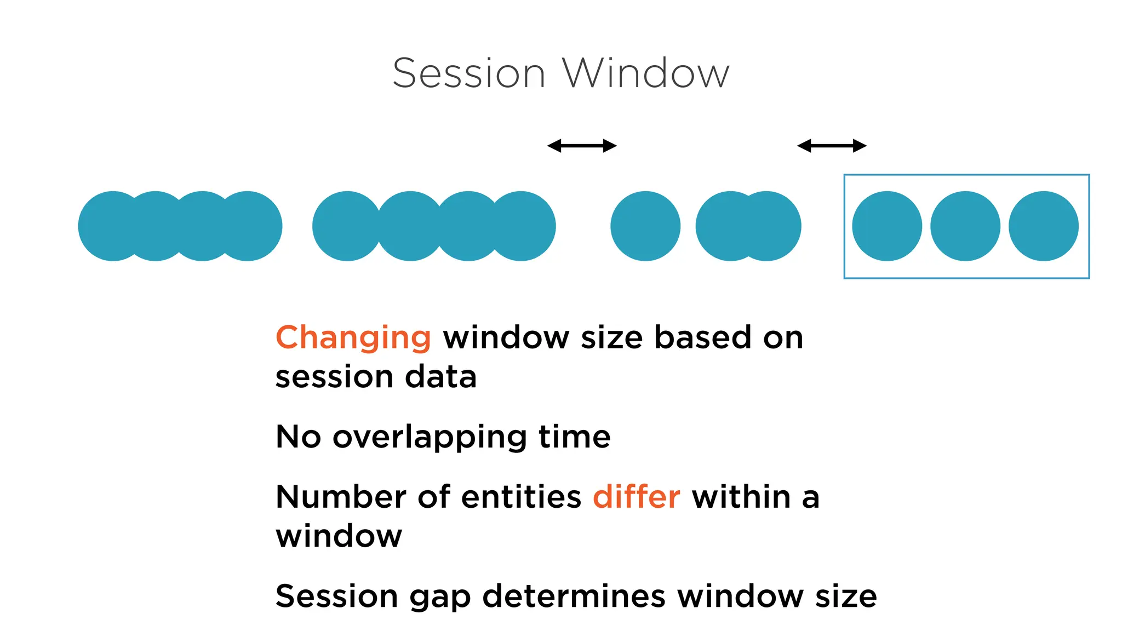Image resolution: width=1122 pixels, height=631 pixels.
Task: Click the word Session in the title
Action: click(x=469, y=73)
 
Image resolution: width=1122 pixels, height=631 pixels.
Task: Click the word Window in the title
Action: click(x=646, y=73)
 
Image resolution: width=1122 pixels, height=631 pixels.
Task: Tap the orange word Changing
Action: click(x=353, y=337)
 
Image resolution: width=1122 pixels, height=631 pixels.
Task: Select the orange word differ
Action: click(x=636, y=497)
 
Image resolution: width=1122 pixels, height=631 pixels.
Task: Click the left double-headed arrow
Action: click(x=582, y=146)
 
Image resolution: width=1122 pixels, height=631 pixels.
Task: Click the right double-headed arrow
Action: click(x=831, y=146)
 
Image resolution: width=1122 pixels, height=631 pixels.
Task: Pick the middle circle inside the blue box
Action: click(x=965, y=226)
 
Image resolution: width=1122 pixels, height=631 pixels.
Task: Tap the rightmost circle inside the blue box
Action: click(x=1043, y=226)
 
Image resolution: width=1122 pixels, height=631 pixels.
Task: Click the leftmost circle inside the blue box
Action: click(x=887, y=226)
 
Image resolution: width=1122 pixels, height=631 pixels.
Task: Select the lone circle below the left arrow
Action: click(x=645, y=226)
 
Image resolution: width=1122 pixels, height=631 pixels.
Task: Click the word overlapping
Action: click(x=429, y=438)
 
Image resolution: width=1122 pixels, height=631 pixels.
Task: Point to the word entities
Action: click(x=521, y=497)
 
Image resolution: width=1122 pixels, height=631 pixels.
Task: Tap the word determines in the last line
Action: click(x=574, y=596)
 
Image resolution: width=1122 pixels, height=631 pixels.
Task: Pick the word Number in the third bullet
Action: click(x=340, y=497)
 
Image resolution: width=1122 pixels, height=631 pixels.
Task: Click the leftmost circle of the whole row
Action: click(x=107, y=226)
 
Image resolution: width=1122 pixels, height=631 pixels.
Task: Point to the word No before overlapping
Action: click(x=298, y=437)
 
